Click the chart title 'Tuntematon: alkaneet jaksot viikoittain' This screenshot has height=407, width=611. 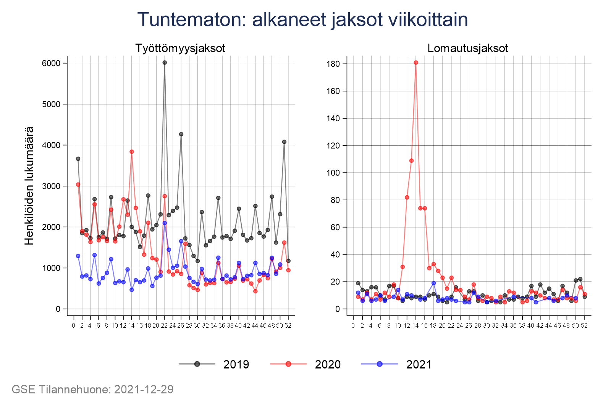tap(302, 20)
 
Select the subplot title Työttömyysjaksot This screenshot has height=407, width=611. tap(180, 48)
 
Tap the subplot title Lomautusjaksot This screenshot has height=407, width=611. tap(468, 48)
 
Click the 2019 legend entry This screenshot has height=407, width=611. tap(214, 364)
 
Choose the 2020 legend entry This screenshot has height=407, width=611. tap(305, 364)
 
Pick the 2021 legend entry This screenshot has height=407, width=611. tap(397, 364)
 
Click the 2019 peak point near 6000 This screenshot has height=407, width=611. tap(165, 63)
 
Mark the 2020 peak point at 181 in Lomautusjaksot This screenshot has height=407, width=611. tap(416, 63)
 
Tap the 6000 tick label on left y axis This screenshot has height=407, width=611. tap(51, 63)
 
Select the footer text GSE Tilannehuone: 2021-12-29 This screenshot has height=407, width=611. tap(93, 389)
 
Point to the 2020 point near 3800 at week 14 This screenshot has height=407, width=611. tap(132, 151)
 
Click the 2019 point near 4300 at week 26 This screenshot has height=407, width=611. tap(181, 134)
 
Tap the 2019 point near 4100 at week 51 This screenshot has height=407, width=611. tap(284, 142)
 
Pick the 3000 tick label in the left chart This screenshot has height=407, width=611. tap(51, 186)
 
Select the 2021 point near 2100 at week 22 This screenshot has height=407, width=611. tap(165, 223)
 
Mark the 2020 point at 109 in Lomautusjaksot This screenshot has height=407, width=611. tap(411, 161)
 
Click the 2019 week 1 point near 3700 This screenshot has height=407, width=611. tap(78, 159)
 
